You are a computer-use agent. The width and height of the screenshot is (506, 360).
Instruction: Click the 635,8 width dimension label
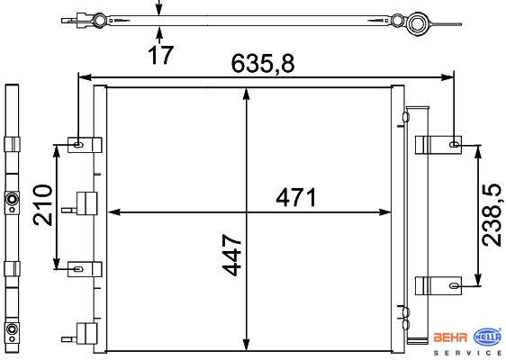click(x=263, y=63)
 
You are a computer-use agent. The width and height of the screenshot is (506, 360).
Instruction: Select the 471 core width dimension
click(x=296, y=197)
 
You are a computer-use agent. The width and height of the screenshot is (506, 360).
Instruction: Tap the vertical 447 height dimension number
click(x=232, y=256)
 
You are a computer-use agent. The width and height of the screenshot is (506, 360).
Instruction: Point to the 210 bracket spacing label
click(x=42, y=205)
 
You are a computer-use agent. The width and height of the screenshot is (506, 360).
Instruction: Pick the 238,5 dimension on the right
click(x=492, y=216)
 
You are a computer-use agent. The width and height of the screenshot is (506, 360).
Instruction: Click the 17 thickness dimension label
click(x=160, y=55)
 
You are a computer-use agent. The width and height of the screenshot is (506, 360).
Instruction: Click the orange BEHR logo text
click(x=450, y=337)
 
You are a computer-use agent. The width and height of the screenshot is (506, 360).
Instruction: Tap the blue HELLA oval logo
click(x=487, y=337)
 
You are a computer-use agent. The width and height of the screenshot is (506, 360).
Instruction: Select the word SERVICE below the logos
click(x=467, y=353)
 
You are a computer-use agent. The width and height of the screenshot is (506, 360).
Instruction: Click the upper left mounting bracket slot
click(x=77, y=145)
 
